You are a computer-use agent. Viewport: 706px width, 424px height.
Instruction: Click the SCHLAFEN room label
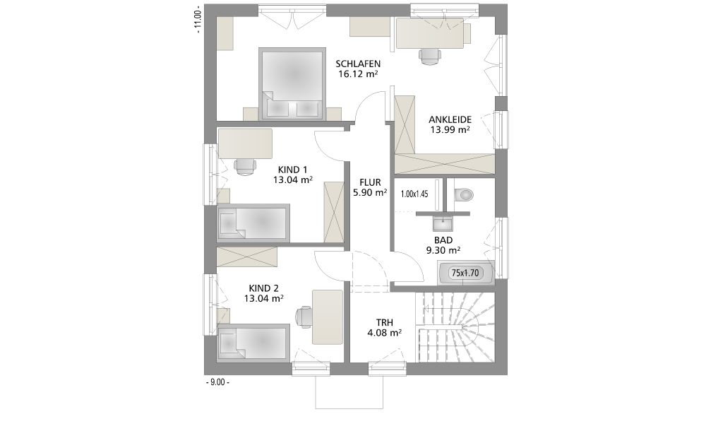358,64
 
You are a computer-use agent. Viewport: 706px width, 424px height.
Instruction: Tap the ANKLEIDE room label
450,120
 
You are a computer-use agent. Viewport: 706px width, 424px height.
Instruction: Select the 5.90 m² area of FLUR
370,192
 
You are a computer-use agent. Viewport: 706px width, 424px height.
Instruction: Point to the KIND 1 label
293,170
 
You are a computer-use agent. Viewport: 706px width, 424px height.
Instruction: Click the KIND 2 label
264,288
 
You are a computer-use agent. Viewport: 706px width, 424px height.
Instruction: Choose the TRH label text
385,323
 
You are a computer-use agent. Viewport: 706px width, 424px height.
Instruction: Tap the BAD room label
443,240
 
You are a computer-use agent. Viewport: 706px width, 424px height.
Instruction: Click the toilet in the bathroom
464,194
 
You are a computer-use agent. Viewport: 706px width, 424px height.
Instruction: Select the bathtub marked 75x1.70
465,273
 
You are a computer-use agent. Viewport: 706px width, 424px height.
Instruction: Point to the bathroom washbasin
443,223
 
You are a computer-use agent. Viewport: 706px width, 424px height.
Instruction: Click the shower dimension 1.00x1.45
414,194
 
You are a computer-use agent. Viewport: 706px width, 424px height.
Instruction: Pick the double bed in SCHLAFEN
292,83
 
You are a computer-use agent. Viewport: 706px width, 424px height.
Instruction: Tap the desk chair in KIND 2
304,317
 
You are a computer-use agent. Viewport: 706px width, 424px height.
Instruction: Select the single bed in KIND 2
253,342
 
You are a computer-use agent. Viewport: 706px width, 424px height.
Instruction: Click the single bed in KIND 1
253,223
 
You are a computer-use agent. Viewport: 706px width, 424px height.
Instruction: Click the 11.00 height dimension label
197,20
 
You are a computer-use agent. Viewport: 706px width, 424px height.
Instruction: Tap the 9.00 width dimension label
217,382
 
